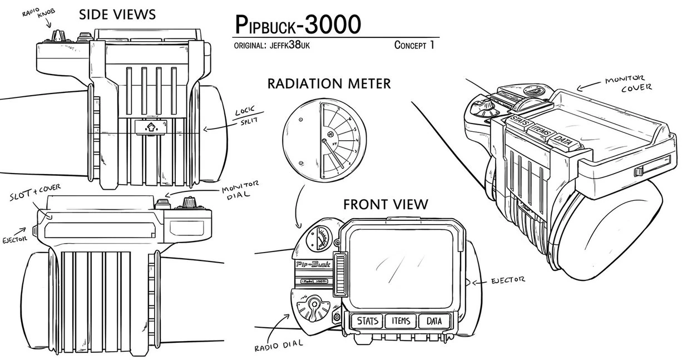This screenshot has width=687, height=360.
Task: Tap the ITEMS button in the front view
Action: pos(401,321)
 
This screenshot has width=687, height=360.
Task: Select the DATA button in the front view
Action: pos(433,321)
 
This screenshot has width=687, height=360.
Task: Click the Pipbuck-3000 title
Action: pos(298,24)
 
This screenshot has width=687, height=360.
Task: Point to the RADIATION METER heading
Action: pos(329,84)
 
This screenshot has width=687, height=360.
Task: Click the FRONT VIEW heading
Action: pos(385,204)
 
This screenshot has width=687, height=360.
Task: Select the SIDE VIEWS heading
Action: pos(117,14)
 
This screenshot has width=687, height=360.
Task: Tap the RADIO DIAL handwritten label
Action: pos(279,346)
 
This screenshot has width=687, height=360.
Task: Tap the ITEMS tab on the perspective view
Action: pos(539,129)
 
